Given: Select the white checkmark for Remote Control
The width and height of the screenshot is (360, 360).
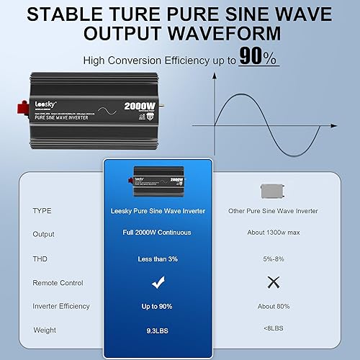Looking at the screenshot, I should tap(158, 283).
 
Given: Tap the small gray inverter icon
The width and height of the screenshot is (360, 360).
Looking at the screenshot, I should tap(272, 190).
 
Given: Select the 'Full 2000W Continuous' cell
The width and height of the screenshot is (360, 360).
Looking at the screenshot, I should tap(158, 234).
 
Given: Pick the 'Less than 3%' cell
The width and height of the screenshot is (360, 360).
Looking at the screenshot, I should tap(158, 258).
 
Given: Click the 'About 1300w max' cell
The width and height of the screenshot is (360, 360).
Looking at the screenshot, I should tap(272, 234).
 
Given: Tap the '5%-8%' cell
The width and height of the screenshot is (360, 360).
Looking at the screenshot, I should tap(272, 258).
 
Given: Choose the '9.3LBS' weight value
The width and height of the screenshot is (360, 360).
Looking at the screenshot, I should tap(158, 330).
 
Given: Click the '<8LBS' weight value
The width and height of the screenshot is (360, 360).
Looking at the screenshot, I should tap(272, 330).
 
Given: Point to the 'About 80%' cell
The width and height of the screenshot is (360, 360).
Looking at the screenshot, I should tap(272, 306).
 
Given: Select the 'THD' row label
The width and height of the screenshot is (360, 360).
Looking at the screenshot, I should tap(40, 258).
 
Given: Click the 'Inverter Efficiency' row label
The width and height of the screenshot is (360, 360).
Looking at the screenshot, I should tap(61, 306).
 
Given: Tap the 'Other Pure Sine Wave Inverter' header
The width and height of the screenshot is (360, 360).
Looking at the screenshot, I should tap(272, 210).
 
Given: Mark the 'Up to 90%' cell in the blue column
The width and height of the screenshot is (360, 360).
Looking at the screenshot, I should tap(158, 306).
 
